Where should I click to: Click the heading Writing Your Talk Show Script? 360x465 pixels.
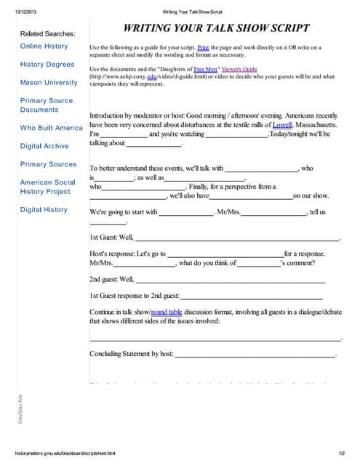point(216,29)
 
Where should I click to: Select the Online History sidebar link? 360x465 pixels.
point(44,46)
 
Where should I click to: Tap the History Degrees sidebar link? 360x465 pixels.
point(47,64)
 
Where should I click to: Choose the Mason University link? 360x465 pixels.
point(49,82)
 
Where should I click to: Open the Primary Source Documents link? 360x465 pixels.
point(47,105)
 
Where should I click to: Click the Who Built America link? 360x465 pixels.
point(51,127)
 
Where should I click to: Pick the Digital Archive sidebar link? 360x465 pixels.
point(44,145)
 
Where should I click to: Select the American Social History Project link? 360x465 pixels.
point(47,187)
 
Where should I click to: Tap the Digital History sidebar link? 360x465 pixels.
point(44,209)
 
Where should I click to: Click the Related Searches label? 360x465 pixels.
point(47,33)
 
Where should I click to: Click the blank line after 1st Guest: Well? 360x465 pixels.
point(237,238)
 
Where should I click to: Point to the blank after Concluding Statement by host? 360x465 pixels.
point(255,355)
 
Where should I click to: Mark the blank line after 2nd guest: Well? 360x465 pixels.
point(230,279)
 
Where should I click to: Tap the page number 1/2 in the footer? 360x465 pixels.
point(341,453)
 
